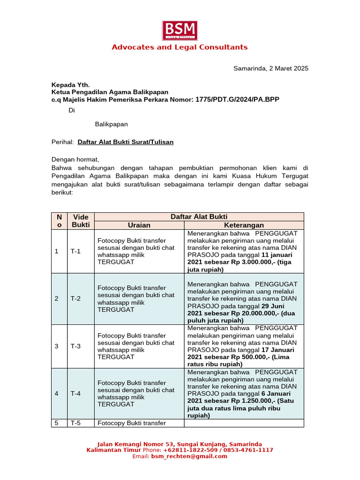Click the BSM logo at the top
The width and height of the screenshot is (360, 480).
click(180, 30)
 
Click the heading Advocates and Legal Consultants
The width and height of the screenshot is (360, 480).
click(180, 47)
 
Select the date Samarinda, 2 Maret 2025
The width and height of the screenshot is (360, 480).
click(271, 68)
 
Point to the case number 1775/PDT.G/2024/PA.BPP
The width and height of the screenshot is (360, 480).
click(240, 100)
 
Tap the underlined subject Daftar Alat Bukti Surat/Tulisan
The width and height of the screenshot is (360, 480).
click(125, 142)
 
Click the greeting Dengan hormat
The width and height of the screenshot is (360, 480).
click(75, 159)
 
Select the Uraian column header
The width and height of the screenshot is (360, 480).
click(139, 225)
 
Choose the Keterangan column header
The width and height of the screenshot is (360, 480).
click(244, 225)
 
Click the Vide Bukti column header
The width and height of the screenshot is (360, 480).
click(81, 221)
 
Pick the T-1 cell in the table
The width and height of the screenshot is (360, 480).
click(76, 251)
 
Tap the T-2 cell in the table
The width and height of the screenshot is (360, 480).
click(76, 299)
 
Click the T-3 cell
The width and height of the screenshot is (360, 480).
click(76, 346)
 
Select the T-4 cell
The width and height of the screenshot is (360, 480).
click(76, 393)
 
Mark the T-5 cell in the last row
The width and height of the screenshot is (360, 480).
click(76, 423)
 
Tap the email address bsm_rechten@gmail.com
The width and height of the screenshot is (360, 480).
click(189, 456)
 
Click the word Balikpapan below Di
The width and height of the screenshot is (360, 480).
click(111, 124)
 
